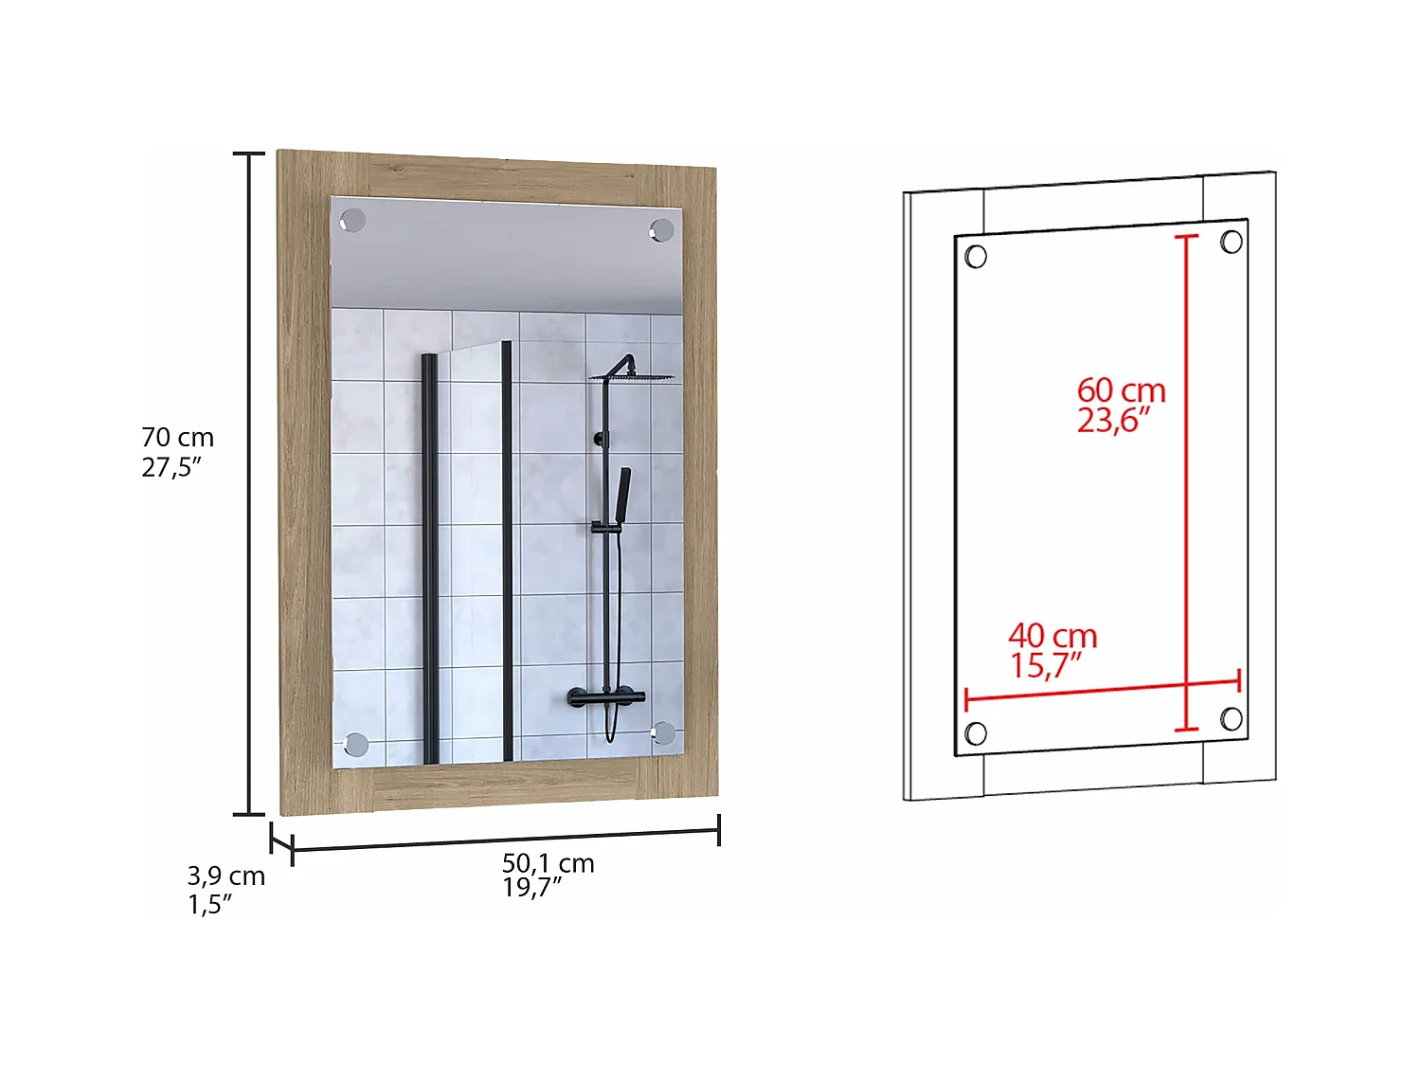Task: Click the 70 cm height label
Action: click(x=177, y=438)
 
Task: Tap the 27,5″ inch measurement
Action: click(x=171, y=467)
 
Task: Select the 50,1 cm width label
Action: click(x=548, y=863)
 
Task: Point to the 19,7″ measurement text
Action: click(x=531, y=888)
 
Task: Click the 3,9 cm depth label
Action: click(x=225, y=876)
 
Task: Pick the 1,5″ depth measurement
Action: click(x=209, y=905)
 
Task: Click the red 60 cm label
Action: click(x=1121, y=390)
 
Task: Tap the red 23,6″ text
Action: click(x=1113, y=420)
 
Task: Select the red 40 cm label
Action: click(x=1052, y=636)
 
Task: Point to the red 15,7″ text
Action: click(x=1044, y=665)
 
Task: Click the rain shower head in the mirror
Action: click(x=635, y=377)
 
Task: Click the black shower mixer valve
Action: click(x=606, y=699)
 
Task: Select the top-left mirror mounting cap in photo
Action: click(x=352, y=220)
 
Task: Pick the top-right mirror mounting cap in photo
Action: click(x=661, y=230)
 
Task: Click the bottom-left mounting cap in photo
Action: click(x=356, y=745)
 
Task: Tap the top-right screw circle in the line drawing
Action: click(x=1232, y=242)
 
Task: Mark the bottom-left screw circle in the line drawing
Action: click(x=976, y=733)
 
